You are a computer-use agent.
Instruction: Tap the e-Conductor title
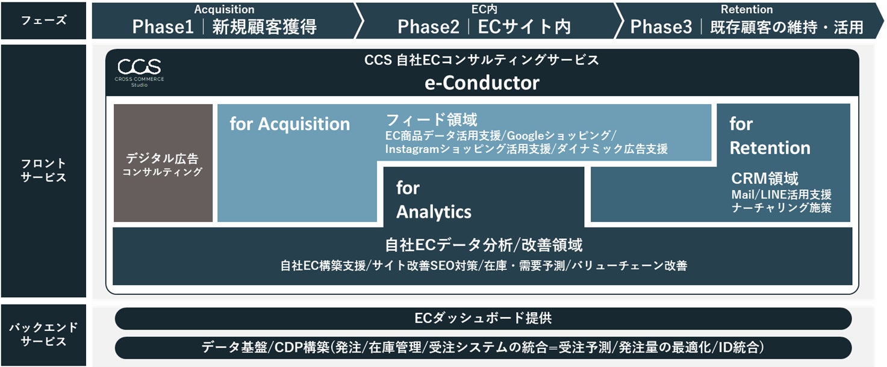482,82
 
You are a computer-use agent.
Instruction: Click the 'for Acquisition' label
290,124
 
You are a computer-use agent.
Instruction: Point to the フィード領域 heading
431,119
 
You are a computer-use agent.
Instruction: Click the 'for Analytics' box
434,200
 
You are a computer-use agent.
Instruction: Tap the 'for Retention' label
770,136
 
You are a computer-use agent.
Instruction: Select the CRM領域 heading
765,179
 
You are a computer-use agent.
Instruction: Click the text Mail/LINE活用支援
781,194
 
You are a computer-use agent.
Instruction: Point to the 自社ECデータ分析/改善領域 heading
483,245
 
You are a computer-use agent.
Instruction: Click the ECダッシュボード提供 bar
483,318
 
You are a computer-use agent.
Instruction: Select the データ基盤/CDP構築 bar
483,347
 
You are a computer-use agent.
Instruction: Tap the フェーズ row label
44,20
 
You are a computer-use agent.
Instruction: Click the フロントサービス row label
44,170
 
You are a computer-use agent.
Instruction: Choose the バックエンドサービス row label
44,335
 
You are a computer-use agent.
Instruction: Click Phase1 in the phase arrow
163,27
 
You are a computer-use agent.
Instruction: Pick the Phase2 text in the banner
428,27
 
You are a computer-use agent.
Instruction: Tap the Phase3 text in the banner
661,27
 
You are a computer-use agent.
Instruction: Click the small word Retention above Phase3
746,9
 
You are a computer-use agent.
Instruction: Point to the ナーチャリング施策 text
781,208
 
